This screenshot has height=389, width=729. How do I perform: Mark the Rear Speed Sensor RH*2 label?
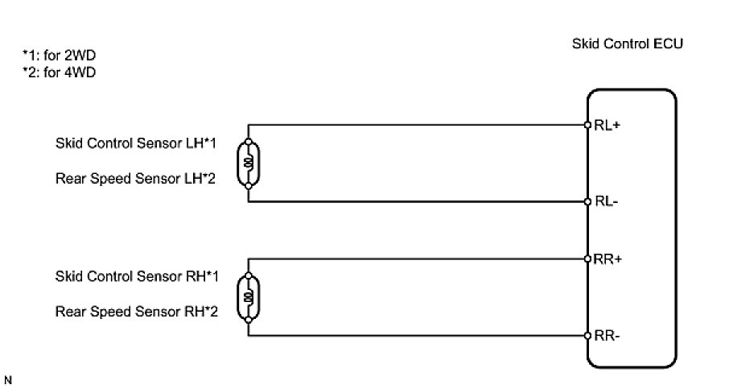[137, 311]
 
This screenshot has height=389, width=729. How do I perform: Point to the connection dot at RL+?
[588, 125]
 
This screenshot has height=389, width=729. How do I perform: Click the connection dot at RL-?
[588, 201]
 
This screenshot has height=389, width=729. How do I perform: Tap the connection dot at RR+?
[588, 259]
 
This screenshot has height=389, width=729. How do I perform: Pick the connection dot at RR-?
[588, 335]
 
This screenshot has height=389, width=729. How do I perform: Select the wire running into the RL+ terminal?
[418, 125]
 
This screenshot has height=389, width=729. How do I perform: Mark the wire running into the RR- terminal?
[418, 335]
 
